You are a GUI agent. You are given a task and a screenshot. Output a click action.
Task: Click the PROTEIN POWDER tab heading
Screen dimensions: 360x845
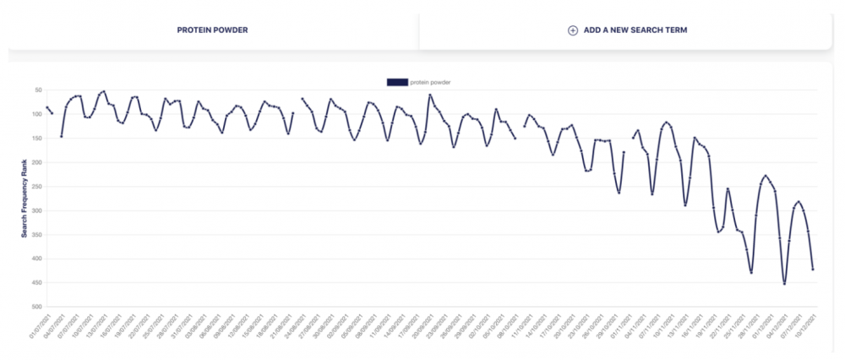(212, 30)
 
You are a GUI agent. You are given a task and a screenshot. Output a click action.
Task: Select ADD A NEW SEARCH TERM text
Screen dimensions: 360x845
(635, 30)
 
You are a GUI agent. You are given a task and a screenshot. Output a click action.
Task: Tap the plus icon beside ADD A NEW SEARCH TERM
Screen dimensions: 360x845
(572, 30)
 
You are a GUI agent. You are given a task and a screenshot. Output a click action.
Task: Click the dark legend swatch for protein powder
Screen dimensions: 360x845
(396, 82)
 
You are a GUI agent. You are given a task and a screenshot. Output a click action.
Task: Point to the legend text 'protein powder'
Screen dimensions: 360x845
(430, 82)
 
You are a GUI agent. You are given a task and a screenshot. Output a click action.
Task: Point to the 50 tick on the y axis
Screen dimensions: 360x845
(38, 90)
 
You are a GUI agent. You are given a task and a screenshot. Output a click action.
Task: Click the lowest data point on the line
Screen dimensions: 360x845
(784, 284)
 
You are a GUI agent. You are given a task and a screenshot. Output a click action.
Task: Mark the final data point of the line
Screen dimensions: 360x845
(813, 270)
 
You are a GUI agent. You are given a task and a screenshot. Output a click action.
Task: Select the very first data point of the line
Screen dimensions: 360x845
(47, 107)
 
